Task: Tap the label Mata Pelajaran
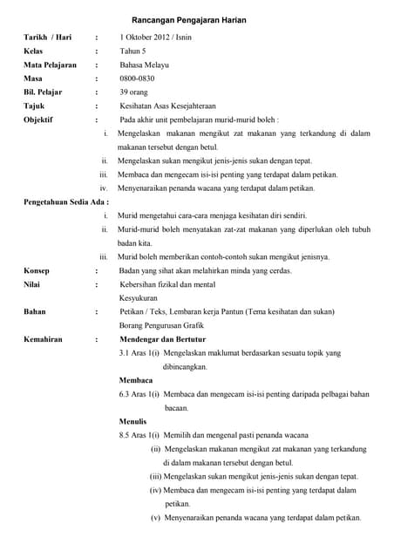[x=50, y=65]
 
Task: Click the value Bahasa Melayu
[x=145, y=65]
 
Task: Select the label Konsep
[x=37, y=270]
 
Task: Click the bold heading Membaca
[x=135, y=380]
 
